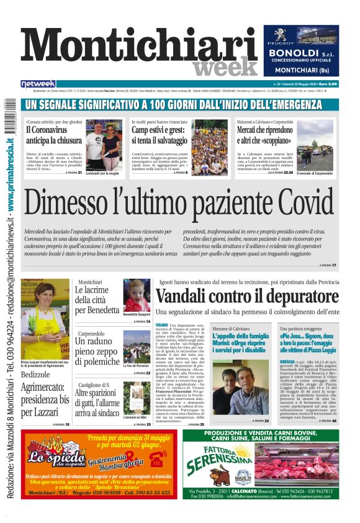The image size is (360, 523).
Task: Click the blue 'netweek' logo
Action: click(x=38, y=84)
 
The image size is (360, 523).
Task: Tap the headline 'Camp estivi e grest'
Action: click(x=159, y=135)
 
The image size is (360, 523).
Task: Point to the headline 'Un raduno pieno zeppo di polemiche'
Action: click(x=97, y=350)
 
